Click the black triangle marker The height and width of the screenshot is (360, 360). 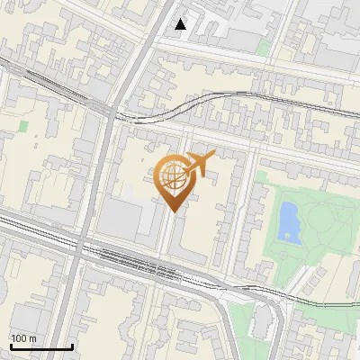[x=181, y=24]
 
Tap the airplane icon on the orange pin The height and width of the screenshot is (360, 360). [x=197, y=164]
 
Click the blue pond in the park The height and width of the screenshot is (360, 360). [x=289, y=220]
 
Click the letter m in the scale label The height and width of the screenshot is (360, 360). [x=33, y=339]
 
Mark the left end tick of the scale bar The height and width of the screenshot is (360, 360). [x=10, y=346]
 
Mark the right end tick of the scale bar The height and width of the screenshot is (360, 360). [x=72, y=346]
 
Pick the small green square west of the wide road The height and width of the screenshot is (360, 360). [x=22, y=127]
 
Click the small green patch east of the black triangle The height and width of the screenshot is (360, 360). [x=263, y=46]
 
